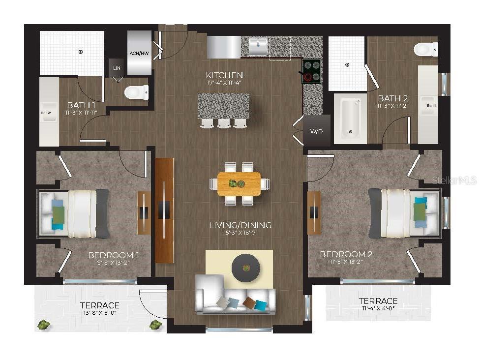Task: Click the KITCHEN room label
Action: [x=224, y=75]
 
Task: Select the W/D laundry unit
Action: [x=316, y=131]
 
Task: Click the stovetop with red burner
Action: [x=311, y=70]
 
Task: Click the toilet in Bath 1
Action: [x=136, y=92]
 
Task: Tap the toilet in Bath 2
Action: [x=426, y=49]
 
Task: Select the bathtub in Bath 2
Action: [x=350, y=118]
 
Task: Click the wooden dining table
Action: [x=240, y=184]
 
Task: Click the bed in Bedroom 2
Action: [x=404, y=213]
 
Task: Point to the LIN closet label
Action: [x=117, y=68]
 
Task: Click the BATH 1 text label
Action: [x=81, y=105]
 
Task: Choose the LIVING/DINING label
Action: [x=240, y=225]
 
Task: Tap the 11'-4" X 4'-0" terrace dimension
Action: [x=378, y=309]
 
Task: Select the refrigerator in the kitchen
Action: [x=224, y=47]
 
